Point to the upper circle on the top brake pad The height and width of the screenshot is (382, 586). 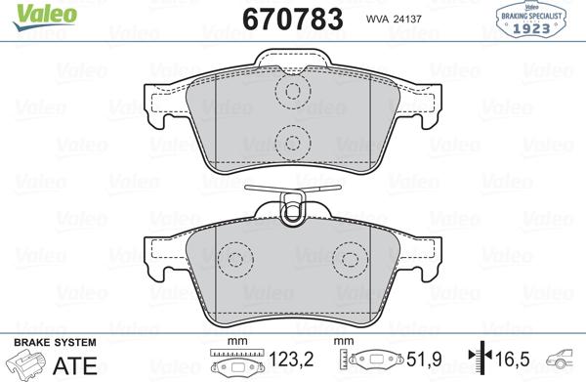291,92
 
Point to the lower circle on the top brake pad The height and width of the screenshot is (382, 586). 291,142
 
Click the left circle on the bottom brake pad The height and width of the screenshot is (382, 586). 232,259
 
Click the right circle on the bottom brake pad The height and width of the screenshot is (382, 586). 348,259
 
